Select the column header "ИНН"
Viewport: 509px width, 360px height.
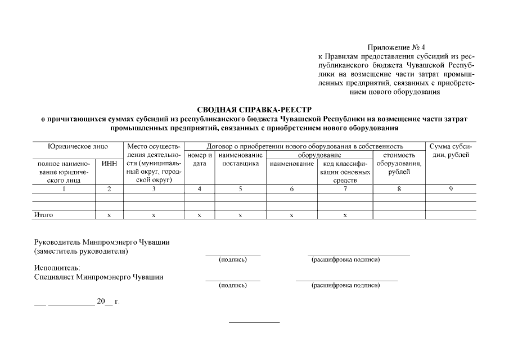point(109,164)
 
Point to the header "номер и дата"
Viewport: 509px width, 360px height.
point(199,159)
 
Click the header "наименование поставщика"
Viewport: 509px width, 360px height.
point(240,159)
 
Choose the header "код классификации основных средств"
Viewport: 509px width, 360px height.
point(345,172)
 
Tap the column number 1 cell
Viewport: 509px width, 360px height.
point(64,189)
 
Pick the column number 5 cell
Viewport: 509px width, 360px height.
point(240,189)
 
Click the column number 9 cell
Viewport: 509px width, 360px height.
point(451,189)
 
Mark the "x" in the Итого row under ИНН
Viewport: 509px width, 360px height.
point(109,215)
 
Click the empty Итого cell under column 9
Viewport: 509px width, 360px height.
point(451,215)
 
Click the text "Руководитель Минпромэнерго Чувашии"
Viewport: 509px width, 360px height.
point(102,242)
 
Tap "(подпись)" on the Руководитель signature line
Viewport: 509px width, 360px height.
point(232,260)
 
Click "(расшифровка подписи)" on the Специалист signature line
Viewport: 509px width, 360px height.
point(345,286)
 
